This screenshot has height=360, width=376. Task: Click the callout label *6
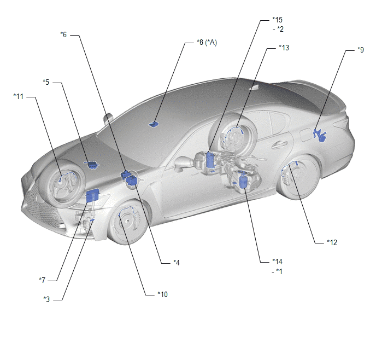point(63,35)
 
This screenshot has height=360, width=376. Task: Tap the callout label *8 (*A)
point(207,43)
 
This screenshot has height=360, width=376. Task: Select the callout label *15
point(278,20)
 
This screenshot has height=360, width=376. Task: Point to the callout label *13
point(284,48)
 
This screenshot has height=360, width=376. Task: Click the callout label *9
point(361,50)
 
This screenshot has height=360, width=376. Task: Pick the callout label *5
point(46,82)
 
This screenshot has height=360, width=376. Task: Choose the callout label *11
point(19,96)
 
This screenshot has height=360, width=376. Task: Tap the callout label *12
point(332,242)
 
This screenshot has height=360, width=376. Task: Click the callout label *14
point(278,262)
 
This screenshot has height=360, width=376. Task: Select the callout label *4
point(177,263)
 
